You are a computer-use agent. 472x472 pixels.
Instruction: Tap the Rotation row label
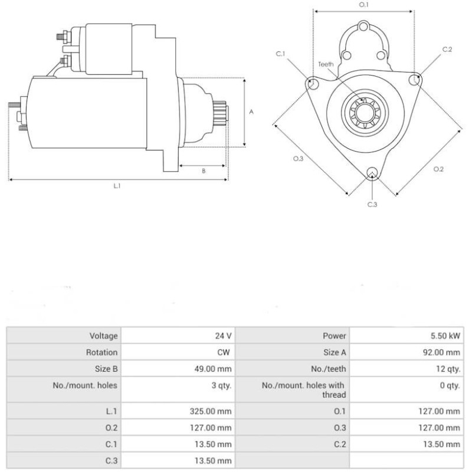(x=103, y=352)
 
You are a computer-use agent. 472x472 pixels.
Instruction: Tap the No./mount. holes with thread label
(x=303, y=390)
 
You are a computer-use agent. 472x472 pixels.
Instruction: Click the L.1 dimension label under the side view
(x=117, y=186)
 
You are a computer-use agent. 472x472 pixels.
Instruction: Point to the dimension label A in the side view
(x=251, y=111)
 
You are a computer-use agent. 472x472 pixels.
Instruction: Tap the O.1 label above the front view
(x=364, y=5)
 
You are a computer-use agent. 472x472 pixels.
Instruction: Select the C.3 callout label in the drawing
(x=372, y=204)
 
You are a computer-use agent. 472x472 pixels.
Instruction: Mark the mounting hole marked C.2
(x=417, y=79)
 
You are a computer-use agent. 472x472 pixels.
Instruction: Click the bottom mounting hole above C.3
(x=372, y=172)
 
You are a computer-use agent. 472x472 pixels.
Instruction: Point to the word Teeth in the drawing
(x=326, y=64)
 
